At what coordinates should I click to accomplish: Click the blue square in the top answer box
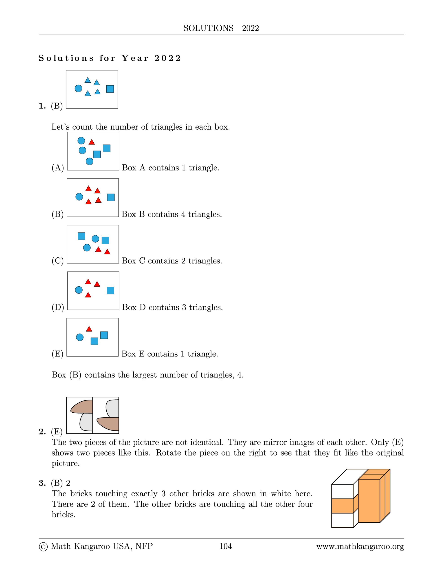[110, 89]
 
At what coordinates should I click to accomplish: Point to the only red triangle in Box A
[92, 142]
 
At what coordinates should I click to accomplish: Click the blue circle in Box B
[79, 197]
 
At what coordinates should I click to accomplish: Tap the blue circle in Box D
[79, 290]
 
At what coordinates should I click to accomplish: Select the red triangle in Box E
[89, 329]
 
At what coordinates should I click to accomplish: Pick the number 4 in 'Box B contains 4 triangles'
[183, 214]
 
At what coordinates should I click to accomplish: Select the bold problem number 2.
[42, 432]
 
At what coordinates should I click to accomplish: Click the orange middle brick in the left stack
[342, 506]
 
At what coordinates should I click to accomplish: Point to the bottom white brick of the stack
[342, 520]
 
